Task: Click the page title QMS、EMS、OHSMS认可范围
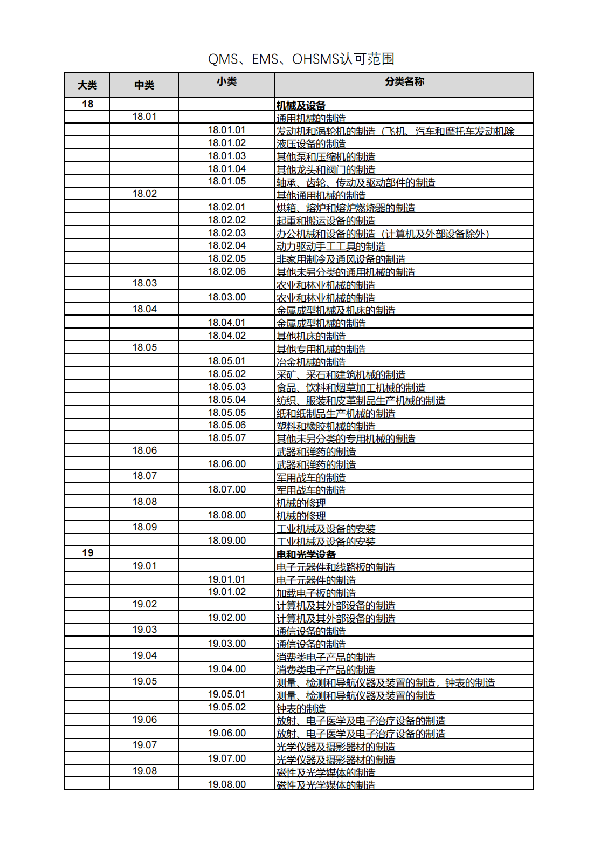tap(301, 59)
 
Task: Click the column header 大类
tap(87, 85)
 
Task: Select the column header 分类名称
tap(404, 81)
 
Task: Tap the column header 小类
tap(226, 81)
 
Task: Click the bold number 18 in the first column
tap(87, 104)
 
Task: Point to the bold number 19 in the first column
tap(87, 553)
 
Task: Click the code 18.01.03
tap(226, 156)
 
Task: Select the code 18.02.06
tap(226, 271)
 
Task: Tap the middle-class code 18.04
tap(144, 309)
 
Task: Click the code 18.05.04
tap(226, 400)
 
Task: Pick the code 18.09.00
tap(226, 541)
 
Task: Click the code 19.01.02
tap(226, 592)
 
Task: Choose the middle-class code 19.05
tap(144, 681)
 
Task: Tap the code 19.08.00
tap(226, 784)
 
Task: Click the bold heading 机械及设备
tap(301, 106)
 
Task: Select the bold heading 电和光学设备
tap(306, 555)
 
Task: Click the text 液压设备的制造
tap(311, 144)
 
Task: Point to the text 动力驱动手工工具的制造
tap(331, 247)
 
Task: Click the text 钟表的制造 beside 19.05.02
tap(301, 708)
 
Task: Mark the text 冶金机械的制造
tap(311, 362)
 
